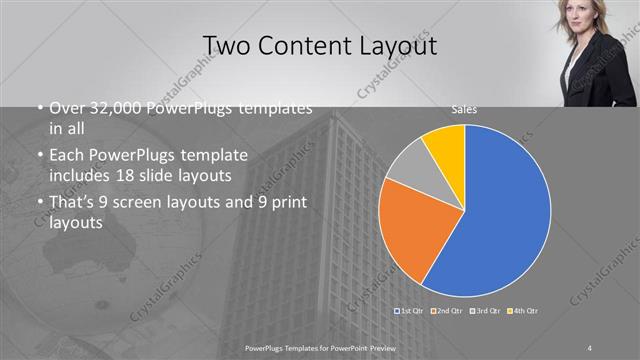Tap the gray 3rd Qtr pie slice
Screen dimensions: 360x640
coord(408,165)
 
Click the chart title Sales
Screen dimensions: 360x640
coord(463,109)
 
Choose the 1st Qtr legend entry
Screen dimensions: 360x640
coord(411,313)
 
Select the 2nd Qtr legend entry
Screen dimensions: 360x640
coord(446,313)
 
